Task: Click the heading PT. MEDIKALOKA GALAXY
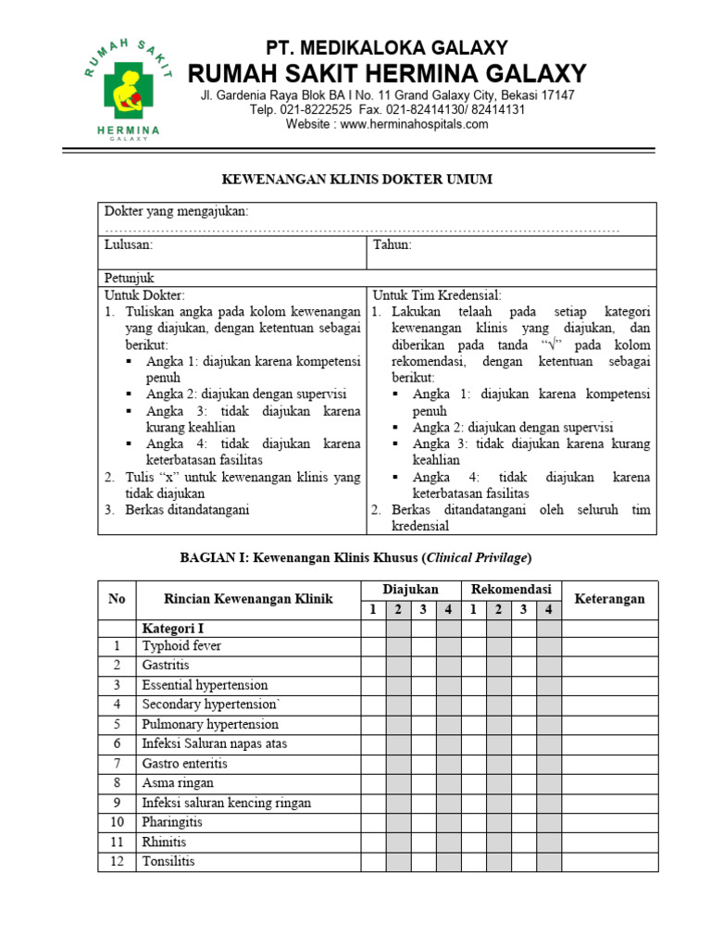click(x=386, y=47)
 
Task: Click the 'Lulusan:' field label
click(x=128, y=245)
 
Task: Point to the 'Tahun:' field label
click(x=393, y=245)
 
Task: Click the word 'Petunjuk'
click(x=129, y=278)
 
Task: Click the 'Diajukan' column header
click(x=410, y=590)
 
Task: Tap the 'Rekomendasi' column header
click(x=511, y=590)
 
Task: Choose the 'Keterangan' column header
click(x=609, y=599)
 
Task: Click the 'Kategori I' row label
click(x=172, y=628)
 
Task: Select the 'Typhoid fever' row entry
click(x=181, y=646)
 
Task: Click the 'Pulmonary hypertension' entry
click(x=209, y=724)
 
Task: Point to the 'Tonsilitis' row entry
click(x=168, y=861)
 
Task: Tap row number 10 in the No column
click(x=117, y=822)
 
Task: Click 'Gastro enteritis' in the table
click(x=184, y=764)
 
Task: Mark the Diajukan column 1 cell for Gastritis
click(x=373, y=666)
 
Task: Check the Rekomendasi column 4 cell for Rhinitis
click(x=548, y=842)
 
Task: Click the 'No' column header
click(x=117, y=599)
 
